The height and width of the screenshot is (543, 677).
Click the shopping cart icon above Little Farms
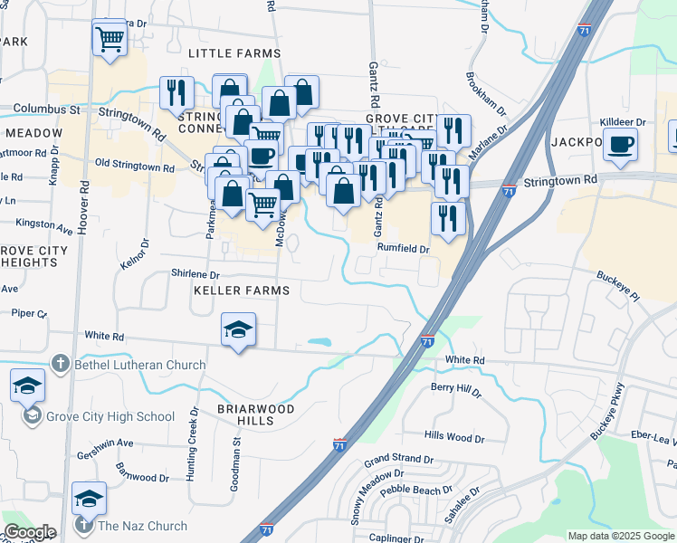point(110,39)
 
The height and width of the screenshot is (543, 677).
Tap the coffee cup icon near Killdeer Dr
point(620,144)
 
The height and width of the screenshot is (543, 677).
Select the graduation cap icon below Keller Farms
point(238,329)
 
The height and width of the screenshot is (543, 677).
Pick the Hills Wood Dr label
point(454,438)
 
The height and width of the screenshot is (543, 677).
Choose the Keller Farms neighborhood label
point(242,291)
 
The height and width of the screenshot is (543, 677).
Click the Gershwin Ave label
point(105,443)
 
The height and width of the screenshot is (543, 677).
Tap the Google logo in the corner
point(30,532)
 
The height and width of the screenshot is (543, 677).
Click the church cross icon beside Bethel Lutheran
point(61,365)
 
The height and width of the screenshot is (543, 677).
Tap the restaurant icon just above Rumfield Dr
point(448,217)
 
